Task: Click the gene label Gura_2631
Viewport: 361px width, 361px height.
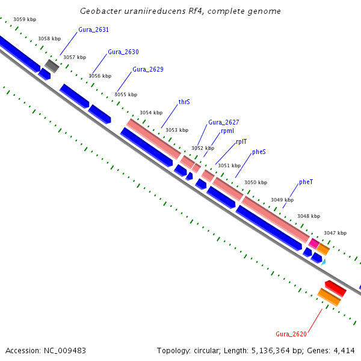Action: (93, 29)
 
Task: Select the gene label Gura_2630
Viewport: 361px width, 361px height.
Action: (123, 52)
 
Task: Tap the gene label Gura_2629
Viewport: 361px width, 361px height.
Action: (148, 69)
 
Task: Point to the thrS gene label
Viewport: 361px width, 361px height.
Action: (184, 102)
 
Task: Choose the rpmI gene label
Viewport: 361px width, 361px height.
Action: (227, 131)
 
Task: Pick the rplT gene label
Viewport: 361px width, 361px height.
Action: (241, 142)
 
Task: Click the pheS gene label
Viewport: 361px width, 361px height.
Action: (259, 152)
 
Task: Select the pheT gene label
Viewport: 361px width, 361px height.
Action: (306, 182)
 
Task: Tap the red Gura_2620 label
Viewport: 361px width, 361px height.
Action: (291, 334)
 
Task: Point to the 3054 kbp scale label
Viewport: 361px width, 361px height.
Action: (151, 113)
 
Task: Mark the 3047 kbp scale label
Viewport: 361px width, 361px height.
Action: (335, 233)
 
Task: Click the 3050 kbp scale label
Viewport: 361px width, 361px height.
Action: (255, 182)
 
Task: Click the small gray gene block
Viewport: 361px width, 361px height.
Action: (52, 66)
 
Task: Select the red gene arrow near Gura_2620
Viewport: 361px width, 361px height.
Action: (336, 288)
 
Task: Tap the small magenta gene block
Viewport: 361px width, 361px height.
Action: (313, 243)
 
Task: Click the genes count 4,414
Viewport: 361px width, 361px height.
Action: (345, 350)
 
